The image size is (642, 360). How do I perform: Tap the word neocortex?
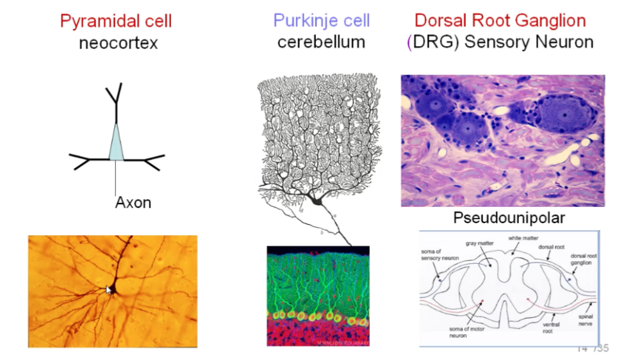[118, 43]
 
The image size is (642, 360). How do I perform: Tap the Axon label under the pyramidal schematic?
[133, 203]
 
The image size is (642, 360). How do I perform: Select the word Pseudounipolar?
[509, 218]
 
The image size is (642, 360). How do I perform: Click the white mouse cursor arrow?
[109, 290]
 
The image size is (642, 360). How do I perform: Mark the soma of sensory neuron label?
[436, 254]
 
